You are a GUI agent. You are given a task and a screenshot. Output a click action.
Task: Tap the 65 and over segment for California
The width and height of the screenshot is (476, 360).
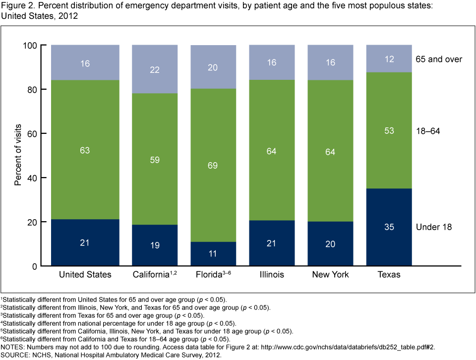tap(154, 69)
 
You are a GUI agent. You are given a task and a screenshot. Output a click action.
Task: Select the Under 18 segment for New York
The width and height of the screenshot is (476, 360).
tap(330, 243)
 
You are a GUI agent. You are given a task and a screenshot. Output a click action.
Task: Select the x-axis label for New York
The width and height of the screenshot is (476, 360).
tap(330, 274)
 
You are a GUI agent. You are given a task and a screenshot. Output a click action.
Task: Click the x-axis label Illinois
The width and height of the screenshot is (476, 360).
tap(272, 274)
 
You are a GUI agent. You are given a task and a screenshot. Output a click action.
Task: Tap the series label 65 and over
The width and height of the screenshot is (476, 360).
tap(439, 60)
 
